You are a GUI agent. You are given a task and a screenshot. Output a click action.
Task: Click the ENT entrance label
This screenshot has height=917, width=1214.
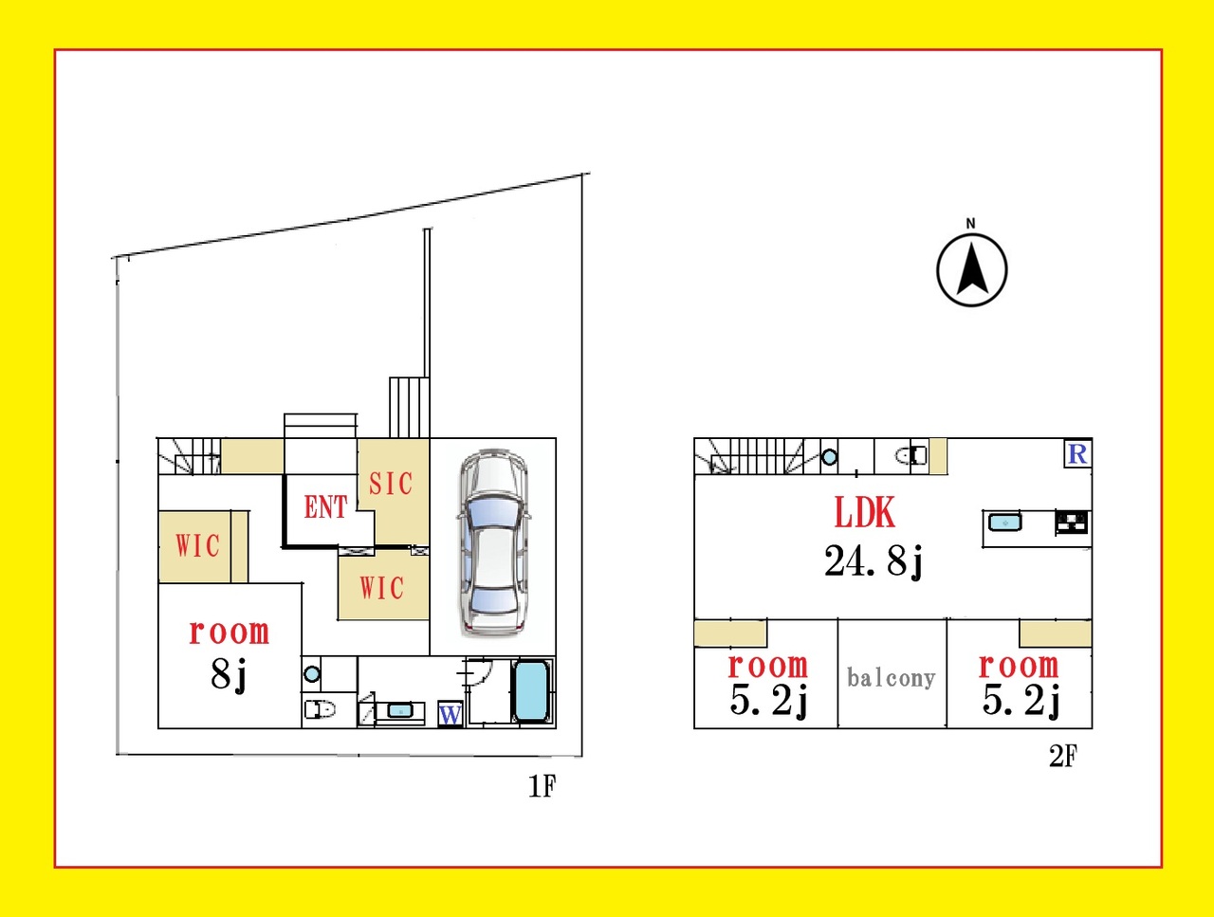coord(325,507)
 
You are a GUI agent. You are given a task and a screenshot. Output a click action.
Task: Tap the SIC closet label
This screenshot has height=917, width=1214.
coord(391,484)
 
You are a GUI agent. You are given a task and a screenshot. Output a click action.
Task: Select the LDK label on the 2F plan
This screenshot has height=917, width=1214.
coord(864,513)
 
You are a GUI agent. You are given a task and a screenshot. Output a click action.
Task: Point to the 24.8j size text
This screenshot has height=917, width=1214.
coord(874,561)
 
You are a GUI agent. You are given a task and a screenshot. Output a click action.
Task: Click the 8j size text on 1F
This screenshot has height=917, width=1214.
coord(229,675)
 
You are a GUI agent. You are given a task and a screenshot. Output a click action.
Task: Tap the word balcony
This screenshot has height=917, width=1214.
coord(891,678)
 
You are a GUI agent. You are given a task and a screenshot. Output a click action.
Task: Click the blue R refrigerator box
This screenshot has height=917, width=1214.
coord(1077,454)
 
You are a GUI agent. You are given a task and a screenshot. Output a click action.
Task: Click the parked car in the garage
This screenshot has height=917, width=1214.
coord(492,541)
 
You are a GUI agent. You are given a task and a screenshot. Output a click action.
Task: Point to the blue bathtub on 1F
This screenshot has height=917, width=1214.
coord(531,691)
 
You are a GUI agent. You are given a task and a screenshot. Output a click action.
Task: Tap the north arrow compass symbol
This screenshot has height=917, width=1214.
coord(972,265)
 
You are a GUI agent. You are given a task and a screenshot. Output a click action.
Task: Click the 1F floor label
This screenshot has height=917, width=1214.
coord(542,786)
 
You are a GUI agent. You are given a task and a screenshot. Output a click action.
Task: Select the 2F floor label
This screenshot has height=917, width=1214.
coord(1063,756)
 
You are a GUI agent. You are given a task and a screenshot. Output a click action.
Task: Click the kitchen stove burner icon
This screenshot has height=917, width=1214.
coord(1072,523)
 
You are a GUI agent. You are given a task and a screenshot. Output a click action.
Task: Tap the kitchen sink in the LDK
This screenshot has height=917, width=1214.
coord(1005,523)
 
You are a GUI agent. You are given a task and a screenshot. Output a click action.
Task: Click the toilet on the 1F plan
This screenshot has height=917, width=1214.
coord(320,708)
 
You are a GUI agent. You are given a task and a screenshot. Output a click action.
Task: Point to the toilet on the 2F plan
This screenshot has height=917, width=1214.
coord(910,456)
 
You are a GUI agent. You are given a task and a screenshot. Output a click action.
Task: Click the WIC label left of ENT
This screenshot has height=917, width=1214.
coord(198,546)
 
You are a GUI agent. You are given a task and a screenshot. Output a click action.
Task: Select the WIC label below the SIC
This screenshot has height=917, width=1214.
coord(381,588)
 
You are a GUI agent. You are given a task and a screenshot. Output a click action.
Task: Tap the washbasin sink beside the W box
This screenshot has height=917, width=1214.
coord(399,710)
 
